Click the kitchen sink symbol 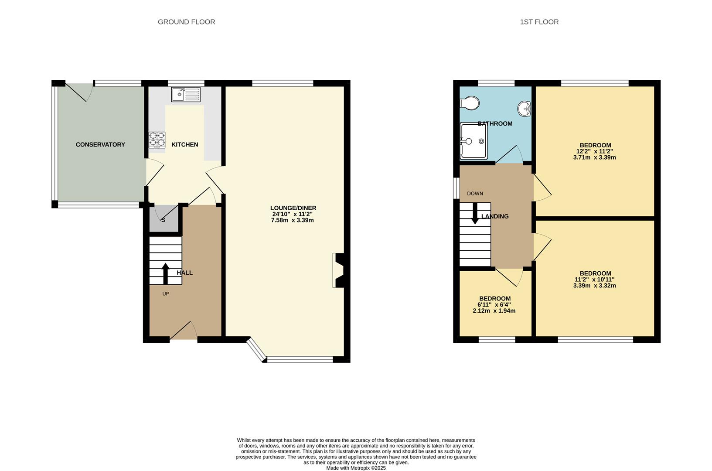(x=186, y=94)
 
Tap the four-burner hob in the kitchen (x=157, y=140)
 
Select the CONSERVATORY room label (x=100, y=144)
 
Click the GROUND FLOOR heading (x=186, y=22)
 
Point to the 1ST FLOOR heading (x=539, y=22)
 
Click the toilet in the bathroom (x=470, y=103)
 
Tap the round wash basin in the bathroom (x=524, y=108)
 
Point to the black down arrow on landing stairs (x=475, y=214)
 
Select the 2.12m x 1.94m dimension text (x=494, y=311)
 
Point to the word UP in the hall (x=165, y=294)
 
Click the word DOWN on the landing (x=475, y=194)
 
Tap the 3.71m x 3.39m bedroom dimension (x=594, y=157)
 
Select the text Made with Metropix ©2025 (x=356, y=468)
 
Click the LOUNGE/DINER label (x=293, y=208)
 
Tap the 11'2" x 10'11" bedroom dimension (x=594, y=280)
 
